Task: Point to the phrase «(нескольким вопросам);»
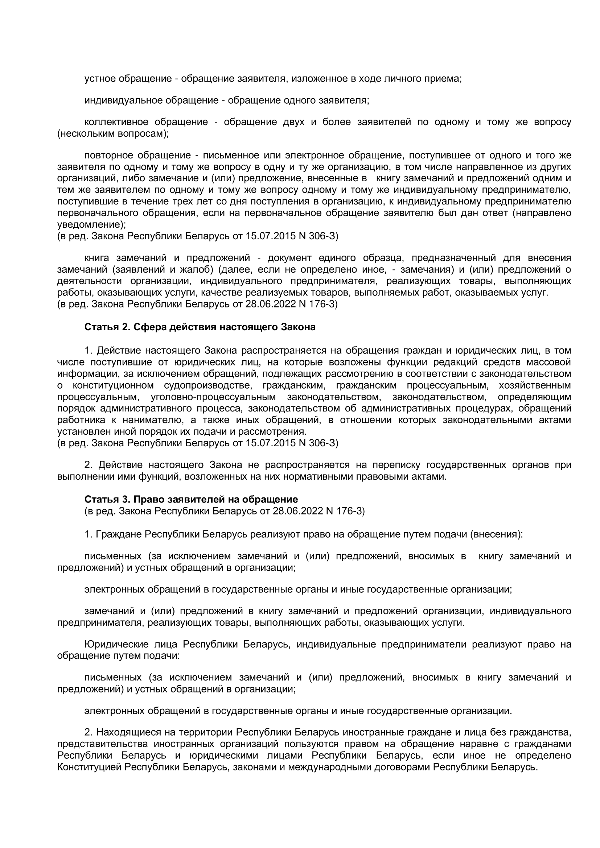point(113,134)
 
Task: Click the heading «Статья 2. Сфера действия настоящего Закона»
point(200,327)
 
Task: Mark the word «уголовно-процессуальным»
point(213,397)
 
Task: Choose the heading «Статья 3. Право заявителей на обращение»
point(191,499)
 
